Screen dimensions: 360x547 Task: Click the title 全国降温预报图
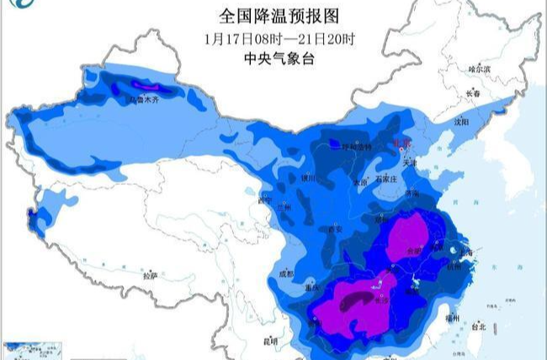[x=273, y=15]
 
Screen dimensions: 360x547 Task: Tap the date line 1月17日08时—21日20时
[x=273, y=37]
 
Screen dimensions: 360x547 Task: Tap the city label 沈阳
[x=459, y=122]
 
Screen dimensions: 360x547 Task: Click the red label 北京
[x=404, y=144]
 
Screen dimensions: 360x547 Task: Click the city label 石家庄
[x=387, y=179]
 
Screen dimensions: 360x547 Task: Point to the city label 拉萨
[x=150, y=275]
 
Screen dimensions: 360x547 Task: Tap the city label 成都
[x=285, y=273]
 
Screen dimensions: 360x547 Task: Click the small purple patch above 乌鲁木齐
[x=144, y=85]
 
